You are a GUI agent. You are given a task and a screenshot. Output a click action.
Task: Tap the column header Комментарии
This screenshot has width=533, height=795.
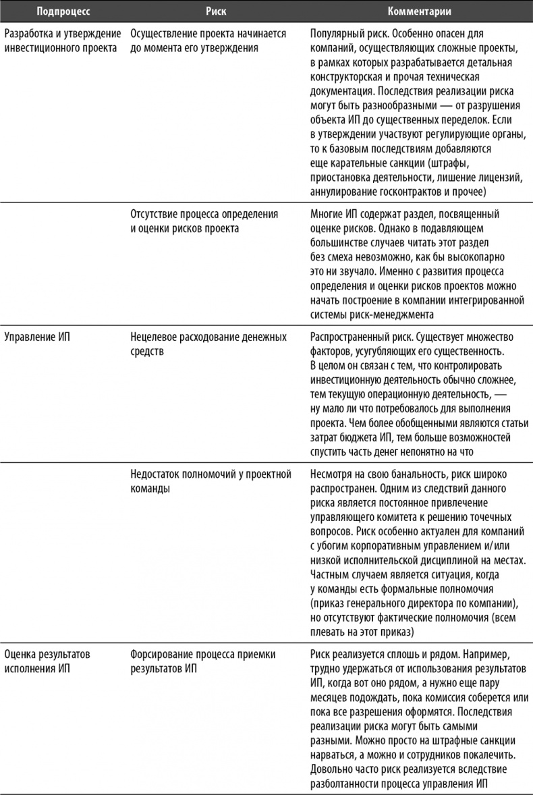419,11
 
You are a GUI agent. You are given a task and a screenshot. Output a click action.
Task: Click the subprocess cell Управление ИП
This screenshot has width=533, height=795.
37,337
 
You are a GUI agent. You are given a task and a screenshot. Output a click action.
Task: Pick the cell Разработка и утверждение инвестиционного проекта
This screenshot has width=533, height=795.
61,40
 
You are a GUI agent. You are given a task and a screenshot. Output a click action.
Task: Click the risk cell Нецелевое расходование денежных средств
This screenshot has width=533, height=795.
207,343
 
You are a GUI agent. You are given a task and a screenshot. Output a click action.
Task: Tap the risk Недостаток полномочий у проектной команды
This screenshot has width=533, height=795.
210,481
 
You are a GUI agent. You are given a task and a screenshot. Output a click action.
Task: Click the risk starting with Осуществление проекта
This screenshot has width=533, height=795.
208,40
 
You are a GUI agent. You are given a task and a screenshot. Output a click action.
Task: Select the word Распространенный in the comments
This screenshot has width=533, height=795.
351,337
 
